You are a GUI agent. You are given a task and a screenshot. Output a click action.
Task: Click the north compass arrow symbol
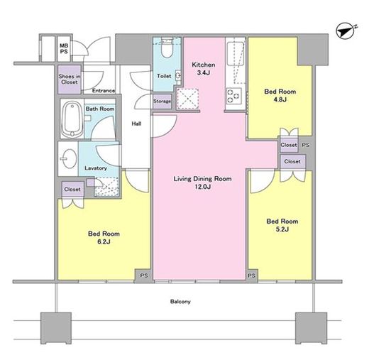click(x=346, y=31)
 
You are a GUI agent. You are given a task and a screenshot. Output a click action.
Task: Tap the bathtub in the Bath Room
click(x=72, y=119)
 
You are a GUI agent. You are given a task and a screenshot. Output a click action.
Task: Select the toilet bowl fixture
click(x=167, y=50)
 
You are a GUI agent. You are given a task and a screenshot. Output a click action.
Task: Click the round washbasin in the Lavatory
click(x=69, y=158)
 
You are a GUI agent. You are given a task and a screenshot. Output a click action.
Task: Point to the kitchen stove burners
click(x=234, y=96)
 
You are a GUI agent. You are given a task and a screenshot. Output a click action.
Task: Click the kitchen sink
click(x=236, y=53)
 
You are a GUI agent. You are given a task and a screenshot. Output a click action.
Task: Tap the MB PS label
click(x=64, y=48)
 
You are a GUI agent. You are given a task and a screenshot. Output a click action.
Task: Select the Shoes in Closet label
click(x=70, y=80)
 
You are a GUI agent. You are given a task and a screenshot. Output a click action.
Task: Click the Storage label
click(x=162, y=101)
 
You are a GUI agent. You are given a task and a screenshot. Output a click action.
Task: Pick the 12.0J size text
click(x=203, y=187)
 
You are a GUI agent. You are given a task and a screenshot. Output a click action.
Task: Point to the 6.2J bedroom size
click(x=104, y=242)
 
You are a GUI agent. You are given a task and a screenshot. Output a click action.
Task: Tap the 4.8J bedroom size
click(x=280, y=99)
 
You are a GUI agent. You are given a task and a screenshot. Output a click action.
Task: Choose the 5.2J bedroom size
click(x=282, y=229)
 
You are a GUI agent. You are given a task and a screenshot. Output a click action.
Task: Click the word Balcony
click(x=180, y=302)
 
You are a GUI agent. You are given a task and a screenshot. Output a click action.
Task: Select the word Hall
click(x=136, y=124)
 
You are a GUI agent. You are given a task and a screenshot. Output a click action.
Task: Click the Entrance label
click(x=104, y=91)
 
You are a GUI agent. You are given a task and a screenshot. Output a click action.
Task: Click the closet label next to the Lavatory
click(x=72, y=190)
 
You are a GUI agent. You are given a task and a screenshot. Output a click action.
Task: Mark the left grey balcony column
click(x=56, y=328)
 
